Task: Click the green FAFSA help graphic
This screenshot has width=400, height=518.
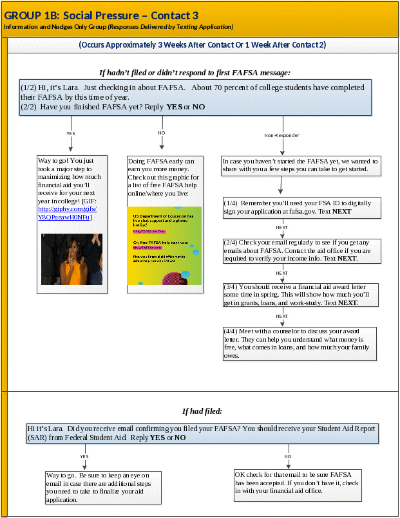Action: tap(164, 245)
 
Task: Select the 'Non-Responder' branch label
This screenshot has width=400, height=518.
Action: tap(281, 136)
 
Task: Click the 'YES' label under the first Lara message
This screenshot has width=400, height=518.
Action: tap(71, 133)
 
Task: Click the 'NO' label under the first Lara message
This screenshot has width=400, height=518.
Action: tap(162, 133)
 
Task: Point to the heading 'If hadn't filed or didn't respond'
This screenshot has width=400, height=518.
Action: tap(195, 73)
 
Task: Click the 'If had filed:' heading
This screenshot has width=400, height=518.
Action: tap(202, 411)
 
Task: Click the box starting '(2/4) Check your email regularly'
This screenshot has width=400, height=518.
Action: tap(298, 250)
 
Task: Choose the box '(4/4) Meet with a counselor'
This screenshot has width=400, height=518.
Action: tap(299, 342)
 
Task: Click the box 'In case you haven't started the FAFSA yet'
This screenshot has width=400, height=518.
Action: tap(300, 165)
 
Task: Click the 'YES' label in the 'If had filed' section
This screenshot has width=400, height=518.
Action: tap(84, 456)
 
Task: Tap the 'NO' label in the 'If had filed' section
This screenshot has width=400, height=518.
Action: tap(288, 456)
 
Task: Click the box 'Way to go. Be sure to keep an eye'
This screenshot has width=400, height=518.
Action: tap(102, 486)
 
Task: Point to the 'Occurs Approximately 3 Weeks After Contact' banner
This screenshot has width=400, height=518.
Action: tap(202, 45)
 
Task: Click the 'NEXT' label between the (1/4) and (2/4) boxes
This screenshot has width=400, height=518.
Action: tap(282, 228)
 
